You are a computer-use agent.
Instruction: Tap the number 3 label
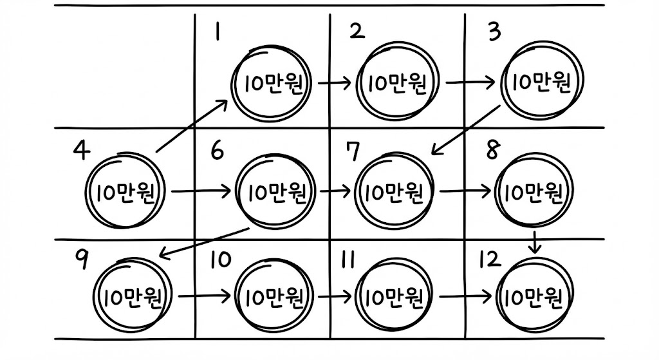pos(494,32)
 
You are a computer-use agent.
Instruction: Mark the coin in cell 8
pos(535,191)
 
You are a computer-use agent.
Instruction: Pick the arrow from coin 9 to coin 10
pos(205,297)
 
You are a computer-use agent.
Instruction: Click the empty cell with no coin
pos(122,68)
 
